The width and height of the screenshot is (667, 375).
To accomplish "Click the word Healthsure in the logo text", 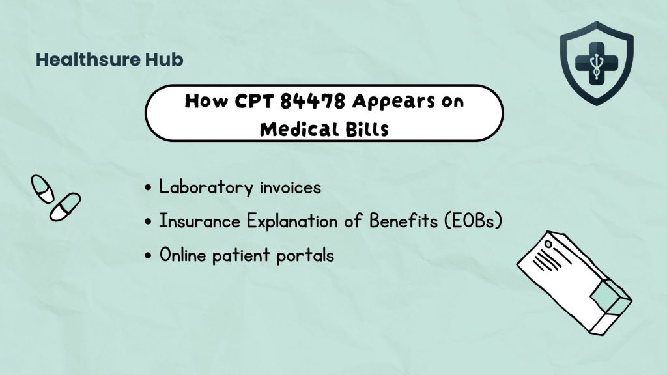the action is pos(88,59).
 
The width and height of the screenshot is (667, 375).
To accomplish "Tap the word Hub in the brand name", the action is pos(164,59).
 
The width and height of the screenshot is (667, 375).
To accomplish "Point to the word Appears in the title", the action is pos(393,102).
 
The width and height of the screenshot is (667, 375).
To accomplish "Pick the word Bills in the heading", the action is pos(367,129).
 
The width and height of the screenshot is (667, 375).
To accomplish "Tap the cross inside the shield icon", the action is pos(597,63).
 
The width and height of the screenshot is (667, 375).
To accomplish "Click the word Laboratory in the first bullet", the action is pos(206,187).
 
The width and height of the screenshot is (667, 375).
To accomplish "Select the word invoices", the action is pos(291,187).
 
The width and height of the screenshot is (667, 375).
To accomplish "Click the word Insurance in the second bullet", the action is pos(199,221).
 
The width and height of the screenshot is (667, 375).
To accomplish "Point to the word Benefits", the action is pos(403,221).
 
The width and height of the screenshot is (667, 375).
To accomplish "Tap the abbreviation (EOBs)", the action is pos(474,221).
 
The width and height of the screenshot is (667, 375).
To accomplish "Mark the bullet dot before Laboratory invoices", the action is pos(148,187).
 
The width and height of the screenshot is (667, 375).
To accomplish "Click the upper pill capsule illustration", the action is pos(42,189).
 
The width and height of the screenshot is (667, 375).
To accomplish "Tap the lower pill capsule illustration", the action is pos(65,206).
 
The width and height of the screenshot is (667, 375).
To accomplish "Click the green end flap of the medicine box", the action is pos(606,298).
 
